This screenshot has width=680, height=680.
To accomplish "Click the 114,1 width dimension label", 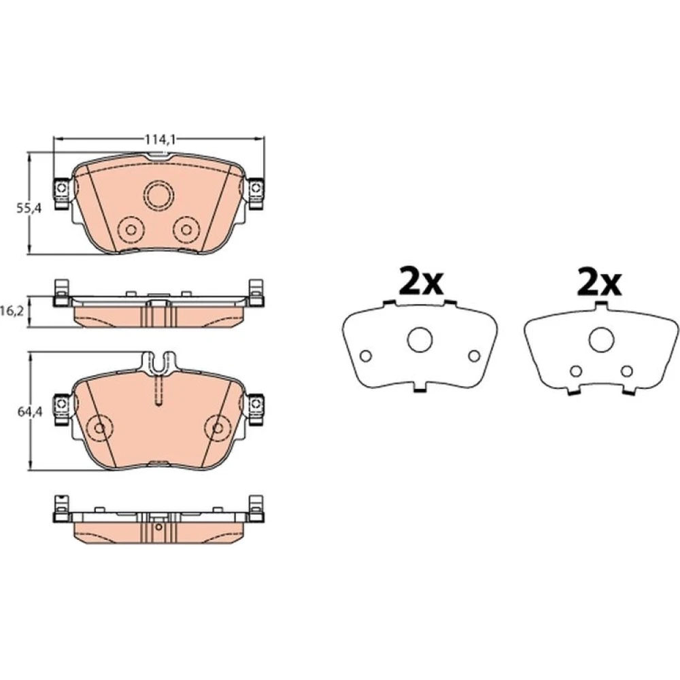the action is (x=160, y=139).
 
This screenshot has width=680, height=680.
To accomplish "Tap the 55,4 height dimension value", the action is (x=29, y=208).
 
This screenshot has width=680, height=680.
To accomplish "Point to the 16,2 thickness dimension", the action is (x=10, y=312).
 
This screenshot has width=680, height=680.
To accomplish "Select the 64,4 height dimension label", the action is (x=29, y=412).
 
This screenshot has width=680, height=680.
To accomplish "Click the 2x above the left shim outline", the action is (x=421, y=283).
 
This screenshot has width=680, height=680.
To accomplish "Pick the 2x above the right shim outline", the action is (x=599, y=283).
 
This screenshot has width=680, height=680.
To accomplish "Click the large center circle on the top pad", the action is (x=160, y=196).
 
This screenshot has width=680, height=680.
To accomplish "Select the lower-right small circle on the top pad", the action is (x=186, y=229).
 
